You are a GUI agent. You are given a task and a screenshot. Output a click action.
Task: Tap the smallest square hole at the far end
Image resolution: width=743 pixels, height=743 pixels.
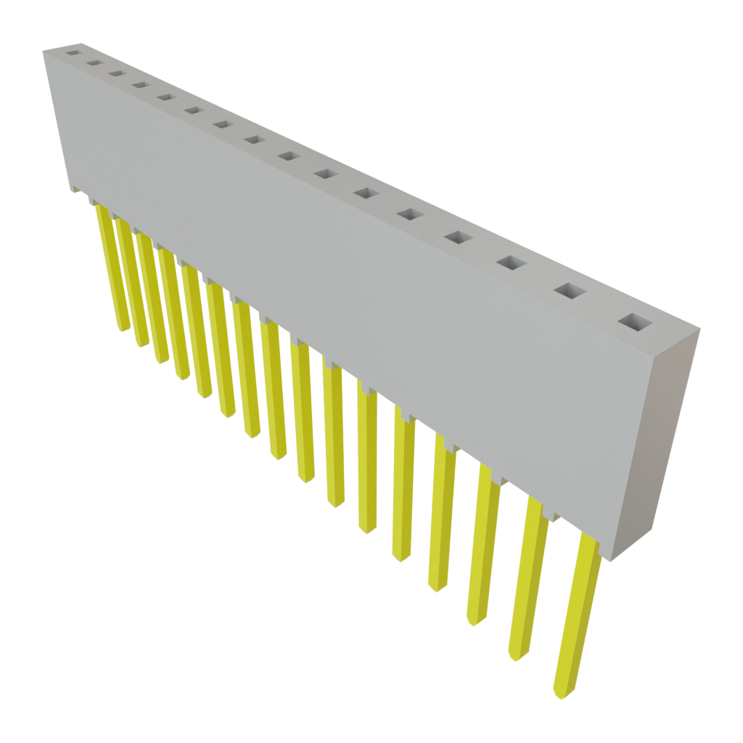click(x=72, y=53)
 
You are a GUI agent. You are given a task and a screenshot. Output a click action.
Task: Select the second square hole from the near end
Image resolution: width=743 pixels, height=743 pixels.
click(x=570, y=291)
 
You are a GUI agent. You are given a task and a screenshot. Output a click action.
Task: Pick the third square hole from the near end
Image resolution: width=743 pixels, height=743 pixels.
click(x=511, y=263)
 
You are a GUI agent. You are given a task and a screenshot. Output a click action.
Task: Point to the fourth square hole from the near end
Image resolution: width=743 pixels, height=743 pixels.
click(x=458, y=237)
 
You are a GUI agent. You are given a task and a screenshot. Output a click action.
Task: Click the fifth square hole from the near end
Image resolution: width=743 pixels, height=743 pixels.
click(x=410, y=215)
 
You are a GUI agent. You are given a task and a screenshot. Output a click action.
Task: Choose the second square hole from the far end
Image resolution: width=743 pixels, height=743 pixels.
click(x=92, y=63)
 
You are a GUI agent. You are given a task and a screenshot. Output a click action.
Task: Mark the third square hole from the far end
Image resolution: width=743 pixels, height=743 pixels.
click(x=114, y=73)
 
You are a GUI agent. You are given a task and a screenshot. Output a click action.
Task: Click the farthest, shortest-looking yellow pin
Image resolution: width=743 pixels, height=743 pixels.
click(x=113, y=268)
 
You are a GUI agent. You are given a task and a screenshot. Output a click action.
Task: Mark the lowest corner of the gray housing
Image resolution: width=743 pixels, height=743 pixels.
click(x=609, y=560)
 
